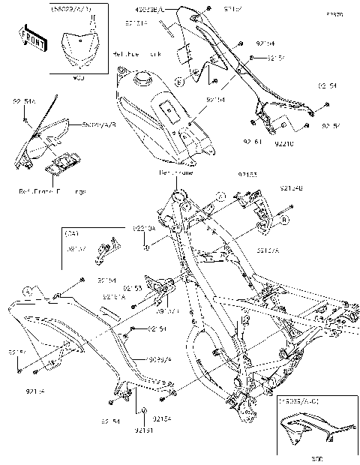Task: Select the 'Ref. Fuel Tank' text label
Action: (139, 55)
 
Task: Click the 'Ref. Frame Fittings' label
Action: (52, 192)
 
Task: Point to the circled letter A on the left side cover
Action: (28, 290)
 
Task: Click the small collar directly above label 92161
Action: (142, 412)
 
